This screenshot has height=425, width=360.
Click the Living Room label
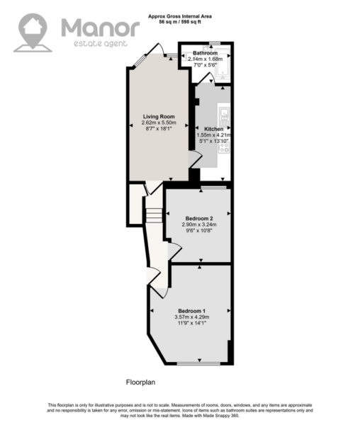click(x=159, y=117)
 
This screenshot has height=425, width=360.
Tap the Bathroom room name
click(x=206, y=53)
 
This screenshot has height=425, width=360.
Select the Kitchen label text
click(x=213, y=129)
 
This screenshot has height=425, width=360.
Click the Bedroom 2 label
click(x=199, y=218)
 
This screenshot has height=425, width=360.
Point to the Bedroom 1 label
click(x=191, y=311)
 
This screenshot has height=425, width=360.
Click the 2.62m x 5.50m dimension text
click(x=159, y=123)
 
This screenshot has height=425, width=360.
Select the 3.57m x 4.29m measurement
click(x=192, y=317)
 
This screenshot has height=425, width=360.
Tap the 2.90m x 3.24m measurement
click(x=199, y=225)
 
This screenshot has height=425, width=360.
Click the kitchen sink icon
click(x=224, y=116)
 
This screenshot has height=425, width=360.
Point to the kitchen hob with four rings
click(x=224, y=147)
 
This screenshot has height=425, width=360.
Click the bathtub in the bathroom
click(x=223, y=64)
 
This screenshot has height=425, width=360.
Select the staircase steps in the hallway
click(x=154, y=215)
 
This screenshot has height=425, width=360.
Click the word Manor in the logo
click(x=101, y=28)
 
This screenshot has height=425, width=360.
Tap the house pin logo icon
click(x=33, y=33)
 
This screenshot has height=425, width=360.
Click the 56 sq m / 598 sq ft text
click(x=180, y=22)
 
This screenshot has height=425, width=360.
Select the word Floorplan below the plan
click(x=140, y=382)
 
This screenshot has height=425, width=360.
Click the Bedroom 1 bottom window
click(x=198, y=363)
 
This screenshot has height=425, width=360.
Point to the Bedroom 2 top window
click(x=213, y=187)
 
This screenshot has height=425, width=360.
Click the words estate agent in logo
click(x=101, y=43)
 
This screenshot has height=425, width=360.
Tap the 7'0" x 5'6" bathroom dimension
click(x=206, y=64)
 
